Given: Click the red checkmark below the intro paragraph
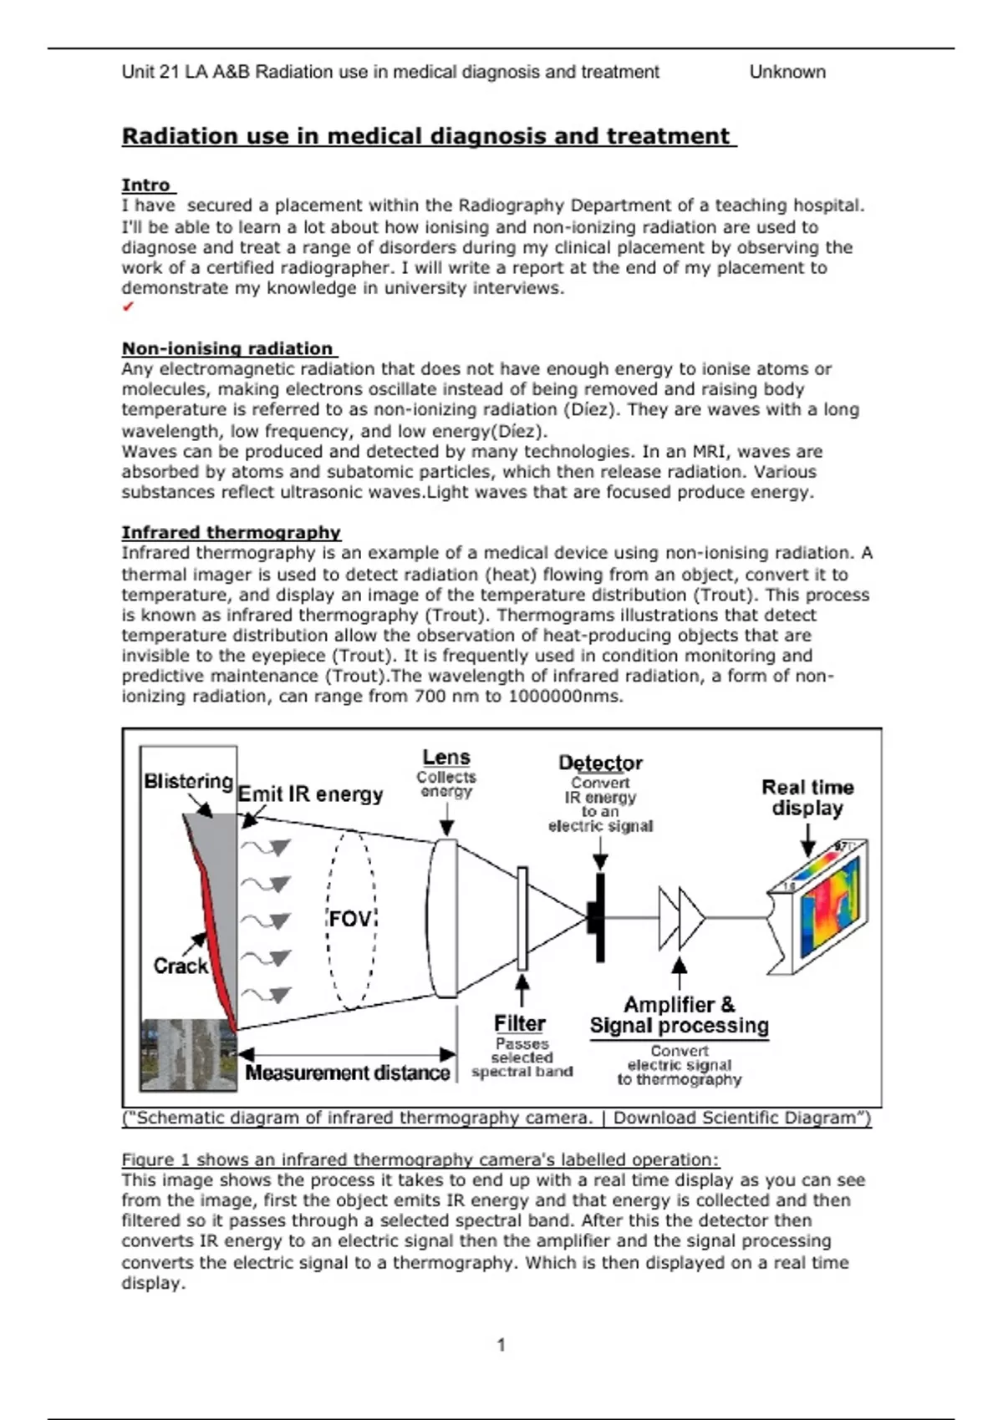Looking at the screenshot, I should [128, 307].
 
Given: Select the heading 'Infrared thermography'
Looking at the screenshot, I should [231, 533].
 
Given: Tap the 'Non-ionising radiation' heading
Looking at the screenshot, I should [227, 348].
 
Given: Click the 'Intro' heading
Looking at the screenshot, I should [146, 185].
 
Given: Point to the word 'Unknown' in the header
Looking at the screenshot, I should [787, 72].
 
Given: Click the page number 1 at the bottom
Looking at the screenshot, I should [501, 1345].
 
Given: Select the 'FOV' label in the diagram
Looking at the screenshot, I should [349, 919].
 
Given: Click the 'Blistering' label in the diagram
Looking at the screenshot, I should [188, 782].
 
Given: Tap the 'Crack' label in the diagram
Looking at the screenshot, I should [180, 966].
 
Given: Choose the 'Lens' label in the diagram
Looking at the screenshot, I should [446, 758].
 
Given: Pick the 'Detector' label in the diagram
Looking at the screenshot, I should [600, 763].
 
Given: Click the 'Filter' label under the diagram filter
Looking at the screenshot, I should [519, 1023].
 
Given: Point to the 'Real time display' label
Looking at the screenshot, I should [807, 798].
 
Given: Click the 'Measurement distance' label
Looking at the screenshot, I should [348, 1073].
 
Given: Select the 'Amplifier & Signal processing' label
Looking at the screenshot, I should [679, 1015].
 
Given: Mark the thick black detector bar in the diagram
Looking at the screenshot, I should [599, 917].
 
